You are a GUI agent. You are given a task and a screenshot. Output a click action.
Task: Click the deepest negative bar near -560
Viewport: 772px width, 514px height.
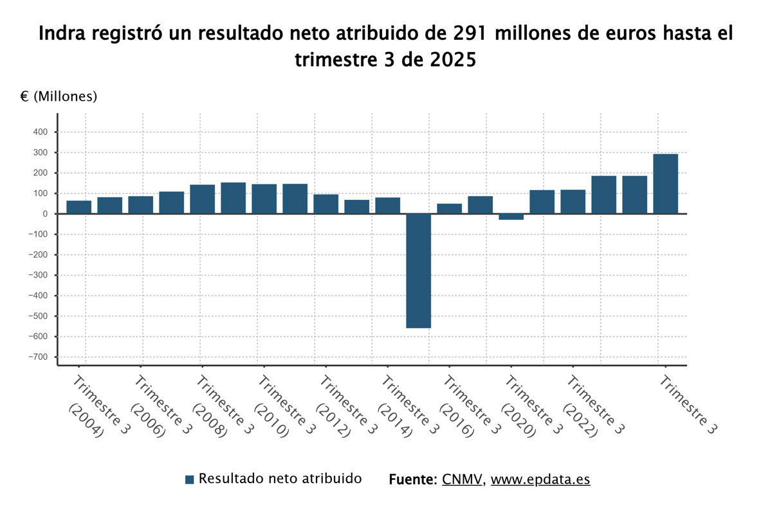click(418, 270)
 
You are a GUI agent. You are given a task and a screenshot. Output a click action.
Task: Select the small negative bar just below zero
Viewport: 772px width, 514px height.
click(511, 217)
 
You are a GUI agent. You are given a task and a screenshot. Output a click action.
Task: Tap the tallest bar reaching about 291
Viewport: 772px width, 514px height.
click(665, 184)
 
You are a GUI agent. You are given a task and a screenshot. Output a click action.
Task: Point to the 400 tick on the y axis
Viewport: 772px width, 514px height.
click(41, 132)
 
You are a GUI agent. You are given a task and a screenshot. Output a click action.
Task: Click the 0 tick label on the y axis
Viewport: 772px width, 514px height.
click(44, 214)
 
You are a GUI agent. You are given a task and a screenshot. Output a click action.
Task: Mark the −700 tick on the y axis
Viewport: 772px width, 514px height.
click(39, 357)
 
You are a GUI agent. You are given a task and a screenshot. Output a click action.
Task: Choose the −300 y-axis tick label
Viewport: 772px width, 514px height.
click(39, 276)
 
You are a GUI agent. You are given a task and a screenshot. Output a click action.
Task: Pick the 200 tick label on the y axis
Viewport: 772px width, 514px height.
click(41, 173)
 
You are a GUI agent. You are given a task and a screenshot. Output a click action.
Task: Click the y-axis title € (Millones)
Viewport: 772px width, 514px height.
click(59, 97)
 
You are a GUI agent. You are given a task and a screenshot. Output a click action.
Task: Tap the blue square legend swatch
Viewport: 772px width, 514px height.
click(189, 479)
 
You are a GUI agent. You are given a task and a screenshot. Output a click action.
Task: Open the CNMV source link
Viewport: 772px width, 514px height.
click(462, 479)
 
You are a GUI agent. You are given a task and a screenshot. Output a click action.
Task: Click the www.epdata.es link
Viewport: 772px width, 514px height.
click(540, 479)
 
